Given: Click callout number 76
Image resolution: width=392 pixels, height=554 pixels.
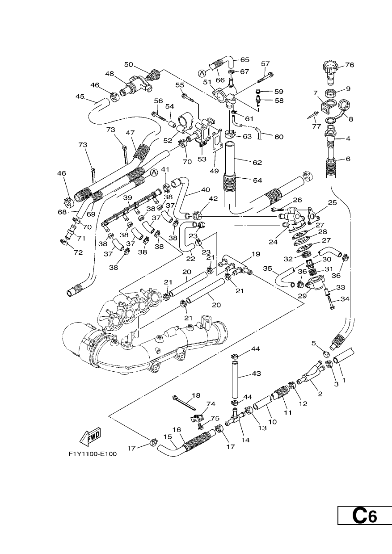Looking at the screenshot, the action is pyautogui.click(x=350, y=65).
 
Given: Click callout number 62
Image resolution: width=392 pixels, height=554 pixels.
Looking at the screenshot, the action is pyautogui.click(x=257, y=162).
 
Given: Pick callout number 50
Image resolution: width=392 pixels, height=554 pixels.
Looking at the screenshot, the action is pyautogui.click(x=129, y=64).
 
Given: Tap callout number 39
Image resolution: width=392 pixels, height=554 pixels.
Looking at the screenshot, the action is pyautogui.click(x=128, y=197).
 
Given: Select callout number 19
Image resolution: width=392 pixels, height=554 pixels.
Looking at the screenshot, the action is pyautogui.click(x=256, y=254).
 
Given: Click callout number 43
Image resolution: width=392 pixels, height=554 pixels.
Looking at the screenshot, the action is pyautogui.click(x=257, y=373).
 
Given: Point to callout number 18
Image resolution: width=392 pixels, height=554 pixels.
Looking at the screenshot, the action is pyautogui.click(x=196, y=395).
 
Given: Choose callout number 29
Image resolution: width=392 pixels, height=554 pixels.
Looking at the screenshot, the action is pyautogui.click(x=303, y=296).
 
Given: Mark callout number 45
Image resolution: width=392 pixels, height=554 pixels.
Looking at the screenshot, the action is pyautogui.click(x=80, y=96).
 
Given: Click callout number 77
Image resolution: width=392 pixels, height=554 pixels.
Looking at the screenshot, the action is pyautogui.click(x=316, y=126).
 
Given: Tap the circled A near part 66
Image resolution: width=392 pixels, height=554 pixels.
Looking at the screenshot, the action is pyautogui.click(x=202, y=73).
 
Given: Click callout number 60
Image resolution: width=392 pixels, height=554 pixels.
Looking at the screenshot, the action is pyautogui.click(x=279, y=137).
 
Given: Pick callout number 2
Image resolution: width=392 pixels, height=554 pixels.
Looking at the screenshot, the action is pyautogui.click(x=320, y=394).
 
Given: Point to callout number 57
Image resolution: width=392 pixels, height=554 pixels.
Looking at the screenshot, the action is pyautogui.click(x=266, y=63).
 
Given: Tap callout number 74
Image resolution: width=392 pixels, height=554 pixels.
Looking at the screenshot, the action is pyautogui.click(x=211, y=404).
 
